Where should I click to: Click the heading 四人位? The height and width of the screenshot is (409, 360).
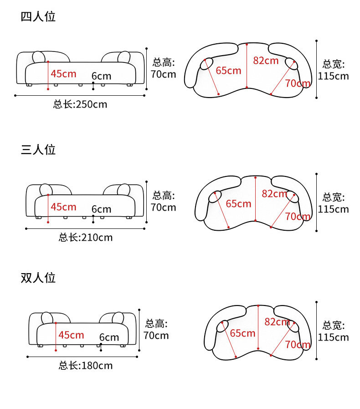click(x=38, y=17)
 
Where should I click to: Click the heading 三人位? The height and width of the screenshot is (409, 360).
click(x=38, y=150)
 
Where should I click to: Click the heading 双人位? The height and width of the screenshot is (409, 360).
click(x=38, y=278)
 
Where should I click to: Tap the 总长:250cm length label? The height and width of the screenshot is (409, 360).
click(x=80, y=104)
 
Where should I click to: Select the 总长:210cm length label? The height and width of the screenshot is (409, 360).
click(x=86, y=238)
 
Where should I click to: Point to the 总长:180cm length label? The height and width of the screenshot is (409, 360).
click(x=86, y=366)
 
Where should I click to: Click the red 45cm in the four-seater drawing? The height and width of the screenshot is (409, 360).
click(x=63, y=73)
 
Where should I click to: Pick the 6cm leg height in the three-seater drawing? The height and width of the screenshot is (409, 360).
click(x=101, y=209)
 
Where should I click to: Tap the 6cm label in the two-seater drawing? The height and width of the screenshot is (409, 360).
click(x=109, y=337)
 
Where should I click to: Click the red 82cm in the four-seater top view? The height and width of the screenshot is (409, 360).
click(x=266, y=60)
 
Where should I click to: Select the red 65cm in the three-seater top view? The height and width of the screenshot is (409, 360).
click(x=238, y=204)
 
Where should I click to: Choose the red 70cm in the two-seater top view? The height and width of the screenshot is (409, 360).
click(x=298, y=344)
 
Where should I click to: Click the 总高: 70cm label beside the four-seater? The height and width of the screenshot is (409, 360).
click(x=163, y=68)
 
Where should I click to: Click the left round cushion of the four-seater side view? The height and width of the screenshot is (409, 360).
click(x=39, y=57)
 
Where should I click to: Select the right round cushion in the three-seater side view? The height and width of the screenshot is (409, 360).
click(x=123, y=190)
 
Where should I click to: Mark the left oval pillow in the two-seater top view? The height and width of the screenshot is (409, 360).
click(x=223, y=326)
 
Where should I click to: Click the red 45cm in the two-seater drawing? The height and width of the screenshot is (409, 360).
click(x=71, y=335)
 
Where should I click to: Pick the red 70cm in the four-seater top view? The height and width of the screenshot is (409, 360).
click(x=298, y=83)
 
